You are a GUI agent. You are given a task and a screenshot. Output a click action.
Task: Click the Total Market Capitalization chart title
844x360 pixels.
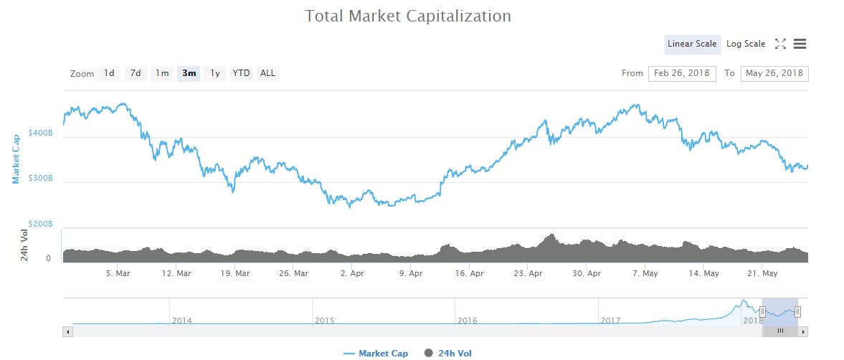[x=408, y=16]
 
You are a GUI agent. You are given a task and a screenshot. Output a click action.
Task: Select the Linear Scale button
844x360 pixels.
[x=692, y=44]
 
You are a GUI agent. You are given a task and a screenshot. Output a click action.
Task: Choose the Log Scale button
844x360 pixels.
[x=746, y=44]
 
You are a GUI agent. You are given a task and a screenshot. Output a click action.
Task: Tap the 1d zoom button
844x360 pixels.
[x=109, y=73]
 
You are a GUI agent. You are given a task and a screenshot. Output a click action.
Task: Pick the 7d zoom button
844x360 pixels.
[x=136, y=73]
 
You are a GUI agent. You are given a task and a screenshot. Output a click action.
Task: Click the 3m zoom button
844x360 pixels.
[x=189, y=73]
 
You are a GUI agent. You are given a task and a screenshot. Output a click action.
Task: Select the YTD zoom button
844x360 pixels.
[x=242, y=73]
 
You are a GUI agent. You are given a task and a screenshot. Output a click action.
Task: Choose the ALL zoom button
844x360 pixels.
[x=267, y=73]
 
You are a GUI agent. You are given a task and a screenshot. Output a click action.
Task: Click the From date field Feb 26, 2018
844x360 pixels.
[x=681, y=73]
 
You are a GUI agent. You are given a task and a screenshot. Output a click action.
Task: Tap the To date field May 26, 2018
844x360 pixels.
[x=774, y=73]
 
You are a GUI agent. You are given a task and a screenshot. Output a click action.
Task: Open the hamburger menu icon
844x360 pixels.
[x=800, y=44]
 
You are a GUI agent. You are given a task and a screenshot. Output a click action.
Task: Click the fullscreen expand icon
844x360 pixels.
[x=780, y=44]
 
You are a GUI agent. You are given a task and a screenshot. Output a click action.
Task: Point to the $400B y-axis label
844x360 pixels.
[x=41, y=133]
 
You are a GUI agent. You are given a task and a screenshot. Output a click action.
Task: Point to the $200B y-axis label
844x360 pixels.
[x=41, y=224]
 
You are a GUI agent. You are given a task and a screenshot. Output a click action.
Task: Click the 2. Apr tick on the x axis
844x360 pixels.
[x=352, y=273]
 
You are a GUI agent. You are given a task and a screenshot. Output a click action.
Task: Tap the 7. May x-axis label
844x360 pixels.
[x=645, y=273]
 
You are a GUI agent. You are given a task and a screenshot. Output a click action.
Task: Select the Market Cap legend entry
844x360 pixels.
[x=376, y=353]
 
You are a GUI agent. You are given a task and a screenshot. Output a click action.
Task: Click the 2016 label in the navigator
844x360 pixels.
[x=467, y=321]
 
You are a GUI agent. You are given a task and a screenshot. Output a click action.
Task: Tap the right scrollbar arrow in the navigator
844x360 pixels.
[x=804, y=331]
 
